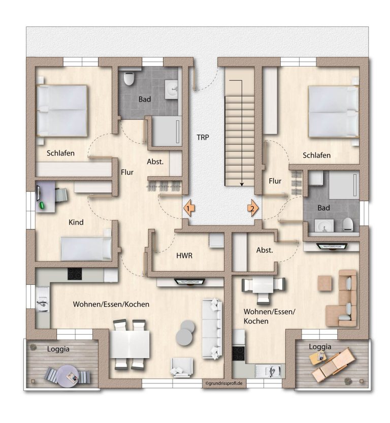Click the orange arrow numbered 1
click(189, 208)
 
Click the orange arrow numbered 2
click(253, 208)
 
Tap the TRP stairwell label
click(203, 138)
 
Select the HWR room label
click(184, 256)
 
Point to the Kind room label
click(76, 222)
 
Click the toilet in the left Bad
click(129, 78)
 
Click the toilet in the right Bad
click(348, 224)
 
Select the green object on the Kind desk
click(42, 205)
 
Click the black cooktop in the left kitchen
click(75, 274)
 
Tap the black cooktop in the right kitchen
click(239, 353)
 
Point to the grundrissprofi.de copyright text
click(224, 383)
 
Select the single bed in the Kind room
click(86, 248)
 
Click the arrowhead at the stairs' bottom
click(242, 184)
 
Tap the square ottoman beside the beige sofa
click(324, 283)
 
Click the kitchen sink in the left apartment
click(43, 300)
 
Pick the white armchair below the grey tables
click(181, 367)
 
